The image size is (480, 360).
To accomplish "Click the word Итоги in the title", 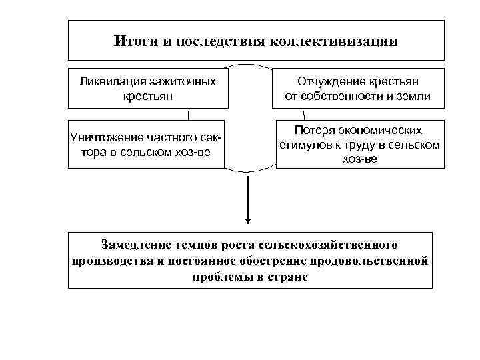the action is point(131,41).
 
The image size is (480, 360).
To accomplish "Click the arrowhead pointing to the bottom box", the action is point(248,221).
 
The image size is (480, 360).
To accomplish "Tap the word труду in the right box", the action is point(361,145).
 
